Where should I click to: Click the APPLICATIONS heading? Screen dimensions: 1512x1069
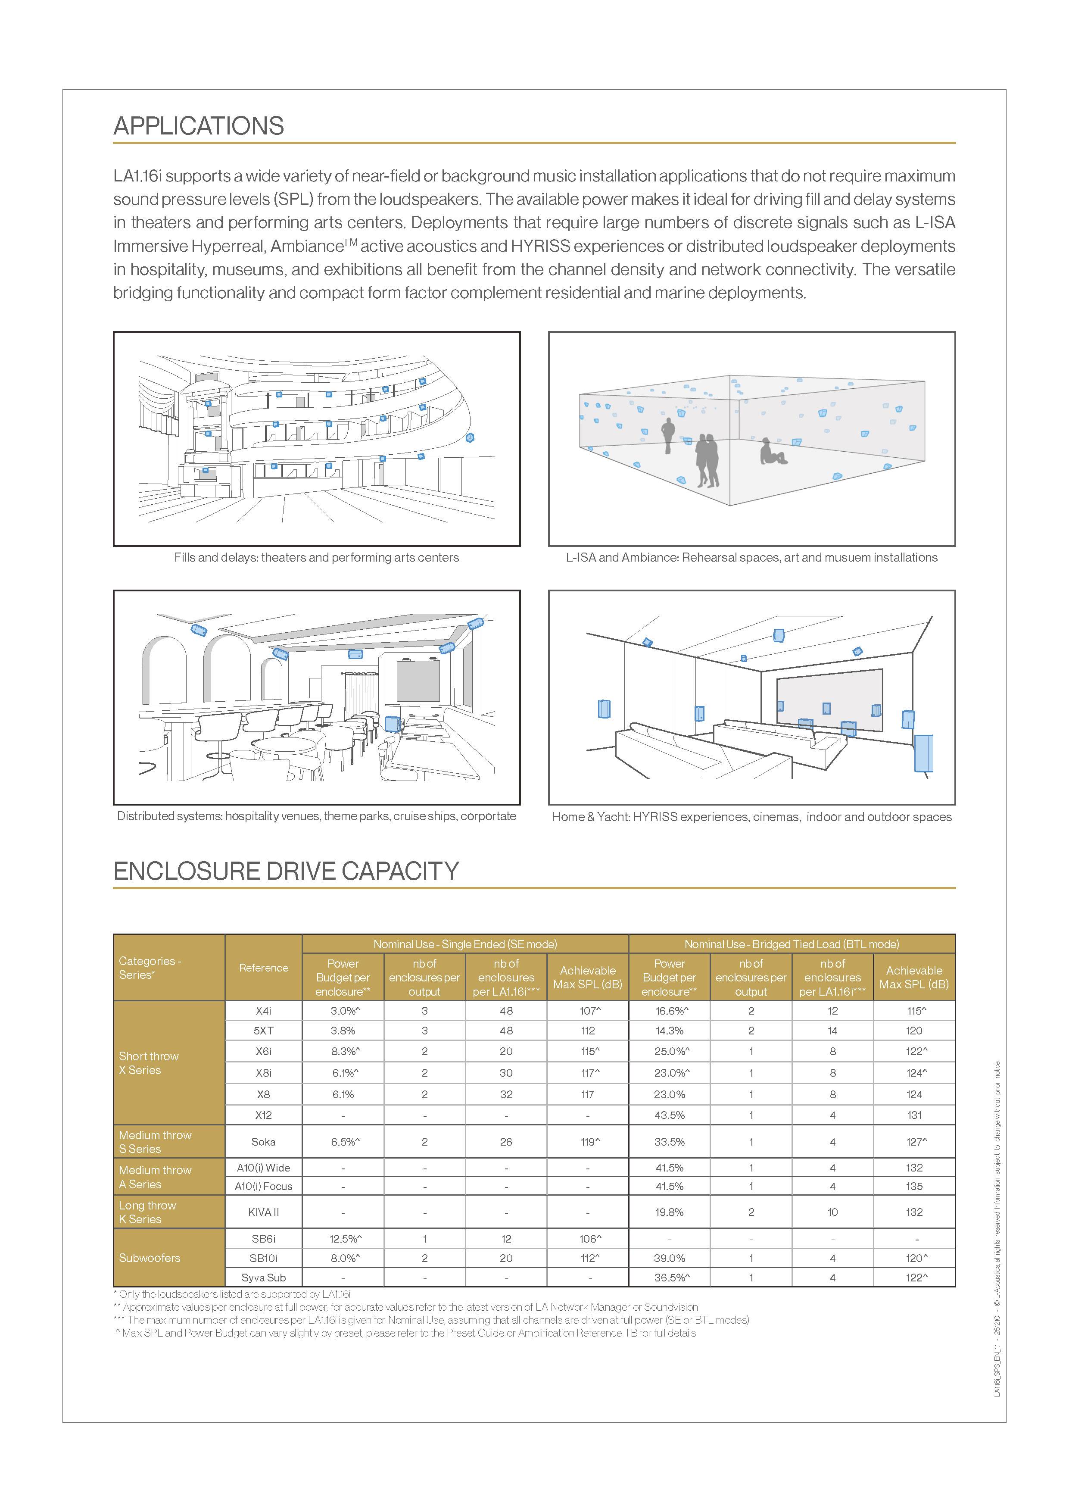pos(198,126)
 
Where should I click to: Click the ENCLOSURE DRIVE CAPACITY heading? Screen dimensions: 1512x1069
pos(286,871)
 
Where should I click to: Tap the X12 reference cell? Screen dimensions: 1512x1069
pos(263,1115)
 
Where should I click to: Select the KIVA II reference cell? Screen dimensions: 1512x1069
pos(263,1212)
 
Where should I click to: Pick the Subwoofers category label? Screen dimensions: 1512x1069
pos(150,1258)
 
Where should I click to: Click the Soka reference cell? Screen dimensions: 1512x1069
pos(263,1142)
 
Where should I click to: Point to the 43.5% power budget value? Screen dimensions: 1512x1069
pos(670,1115)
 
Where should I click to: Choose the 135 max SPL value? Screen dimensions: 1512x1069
pos(914,1186)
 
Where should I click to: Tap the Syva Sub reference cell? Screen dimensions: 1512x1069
pos(263,1278)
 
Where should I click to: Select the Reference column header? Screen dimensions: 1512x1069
pos(263,967)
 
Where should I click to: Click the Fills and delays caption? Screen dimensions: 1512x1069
pos(317,557)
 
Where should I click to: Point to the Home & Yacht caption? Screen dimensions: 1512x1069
pos(752,817)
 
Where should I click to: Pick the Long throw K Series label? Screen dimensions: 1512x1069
pos(147,1212)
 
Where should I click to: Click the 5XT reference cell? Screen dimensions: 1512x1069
pos(263,1031)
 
